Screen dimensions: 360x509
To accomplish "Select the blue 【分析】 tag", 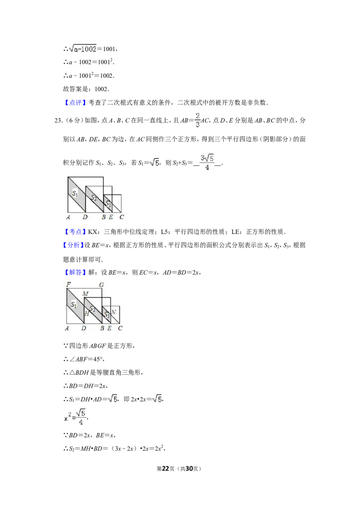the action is pyautogui.click(x=73, y=246).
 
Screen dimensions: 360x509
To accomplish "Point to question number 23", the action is pyautogui.click(x=58, y=121).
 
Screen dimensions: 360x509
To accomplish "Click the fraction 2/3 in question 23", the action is pyautogui.click(x=197, y=120).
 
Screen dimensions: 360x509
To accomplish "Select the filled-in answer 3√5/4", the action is pyautogui.click(x=207, y=162).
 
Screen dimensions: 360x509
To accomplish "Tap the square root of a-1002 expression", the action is pyautogui.click(x=83, y=49).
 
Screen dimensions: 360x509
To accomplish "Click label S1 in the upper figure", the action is pyautogui.click(x=75, y=193).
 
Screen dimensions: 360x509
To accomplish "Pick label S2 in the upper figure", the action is pyautogui.click(x=94, y=198).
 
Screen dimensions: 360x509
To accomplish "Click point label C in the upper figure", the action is pyautogui.click(x=121, y=217).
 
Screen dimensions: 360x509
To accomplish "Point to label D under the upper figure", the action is pyautogui.click(x=85, y=217).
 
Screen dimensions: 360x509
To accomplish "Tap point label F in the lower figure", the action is pyautogui.click(x=68, y=284).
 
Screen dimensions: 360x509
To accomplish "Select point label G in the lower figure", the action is pyautogui.click(x=101, y=285).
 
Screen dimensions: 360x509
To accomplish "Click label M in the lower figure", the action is pyautogui.click(x=85, y=294).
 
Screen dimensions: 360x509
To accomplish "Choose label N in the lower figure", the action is pyautogui.click(x=113, y=312).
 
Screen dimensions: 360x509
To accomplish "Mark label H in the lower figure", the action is pyautogui.click(x=87, y=313).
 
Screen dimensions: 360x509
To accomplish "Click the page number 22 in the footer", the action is pyautogui.click(x=166, y=469).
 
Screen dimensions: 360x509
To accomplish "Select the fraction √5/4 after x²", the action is pyautogui.click(x=81, y=417).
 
